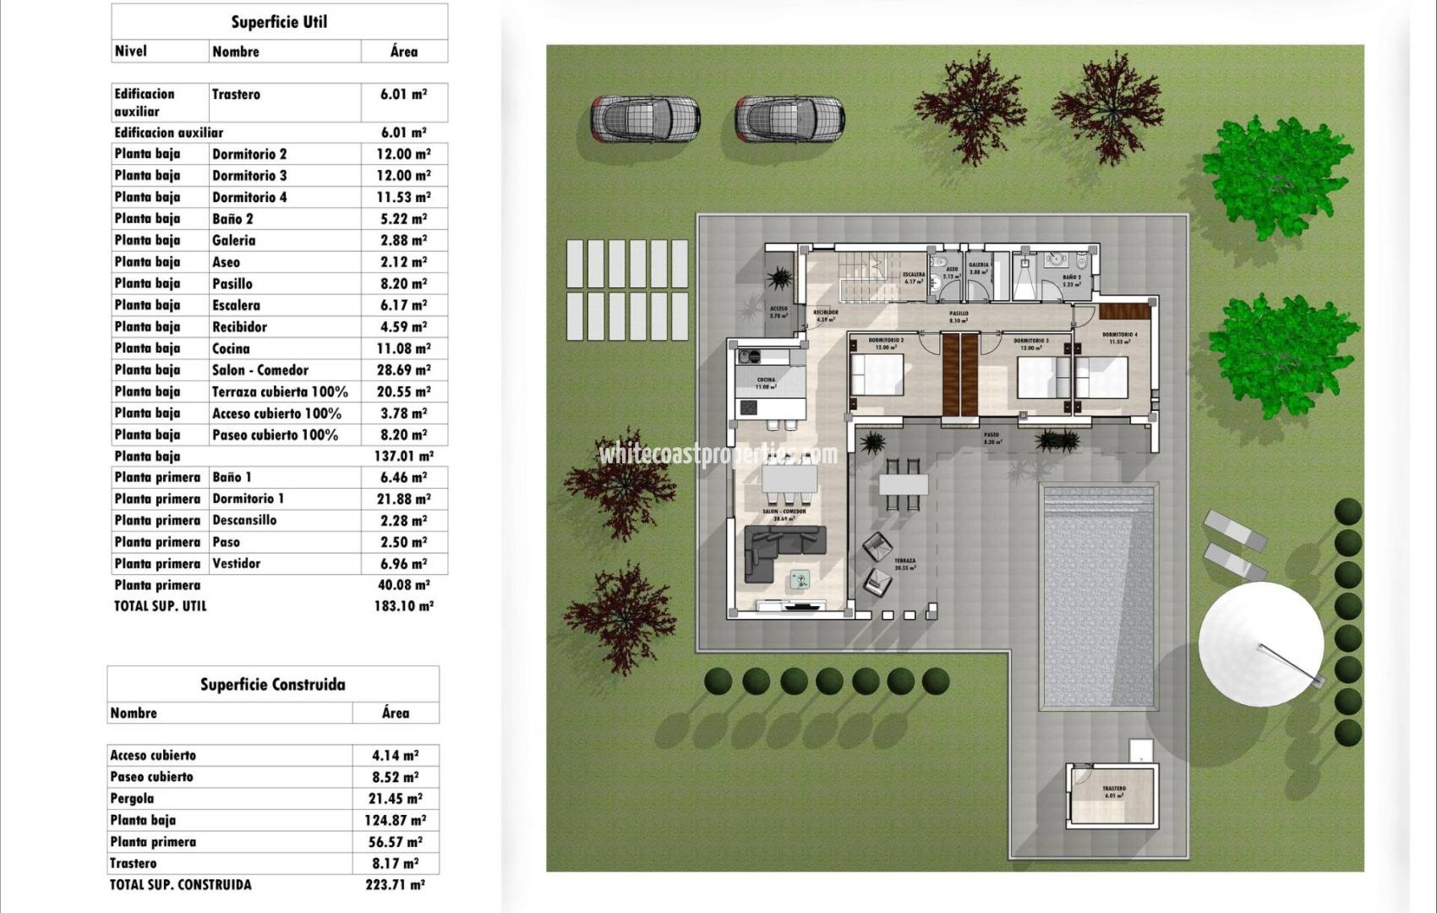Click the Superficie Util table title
point(279,22)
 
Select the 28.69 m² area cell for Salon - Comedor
point(403,370)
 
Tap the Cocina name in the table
point(231,348)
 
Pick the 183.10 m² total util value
point(403,606)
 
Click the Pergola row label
point(132,798)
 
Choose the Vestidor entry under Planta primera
point(236,564)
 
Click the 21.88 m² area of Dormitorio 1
point(403,499)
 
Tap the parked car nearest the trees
point(790,118)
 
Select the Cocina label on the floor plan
point(766,380)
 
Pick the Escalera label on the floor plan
point(913,276)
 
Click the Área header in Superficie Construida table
point(395,713)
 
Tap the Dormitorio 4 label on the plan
point(1119,336)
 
